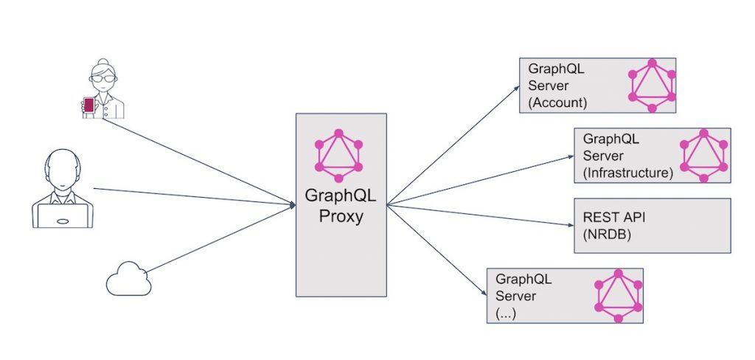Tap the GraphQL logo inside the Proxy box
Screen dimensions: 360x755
coord(339,156)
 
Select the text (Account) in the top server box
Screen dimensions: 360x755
coord(557,103)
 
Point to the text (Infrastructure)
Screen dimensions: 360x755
coord(627,173)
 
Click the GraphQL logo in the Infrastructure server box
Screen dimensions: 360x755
coord(704,156)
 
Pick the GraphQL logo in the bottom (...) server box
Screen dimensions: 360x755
coord(619,296)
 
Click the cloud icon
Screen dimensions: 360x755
coord(128,281)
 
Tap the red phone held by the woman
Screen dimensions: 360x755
coord(89,106)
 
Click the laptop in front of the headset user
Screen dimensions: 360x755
coord(63,215)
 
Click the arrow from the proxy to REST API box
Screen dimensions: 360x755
coord(479,214)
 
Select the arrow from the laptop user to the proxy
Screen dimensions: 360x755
coord(192,196)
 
